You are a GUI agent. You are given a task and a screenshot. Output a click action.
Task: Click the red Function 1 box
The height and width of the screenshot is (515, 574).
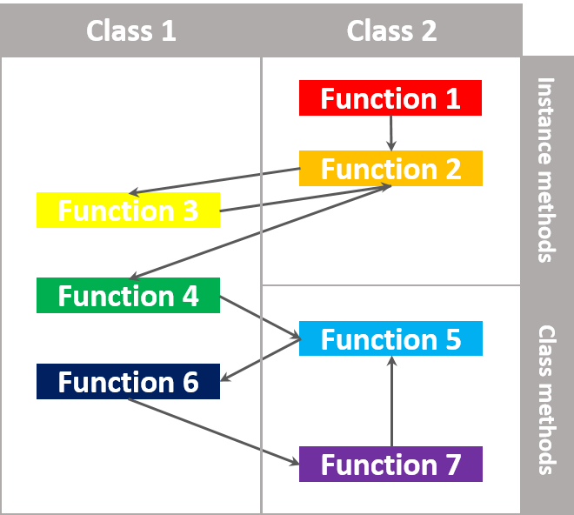click(x=390, y=97)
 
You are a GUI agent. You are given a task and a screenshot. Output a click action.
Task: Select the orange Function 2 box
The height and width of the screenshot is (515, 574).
click(x=390, y=168)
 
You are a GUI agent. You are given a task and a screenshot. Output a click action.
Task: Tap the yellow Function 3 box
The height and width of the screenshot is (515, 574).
click(x=128, y=210)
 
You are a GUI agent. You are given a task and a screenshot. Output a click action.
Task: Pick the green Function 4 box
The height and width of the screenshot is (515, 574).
click(x=128, y=295)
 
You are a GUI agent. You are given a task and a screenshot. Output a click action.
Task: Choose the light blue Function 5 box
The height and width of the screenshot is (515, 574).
click(x=390, y=338)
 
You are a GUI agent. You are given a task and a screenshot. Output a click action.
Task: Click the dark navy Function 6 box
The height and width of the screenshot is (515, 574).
click(x=128, y=381)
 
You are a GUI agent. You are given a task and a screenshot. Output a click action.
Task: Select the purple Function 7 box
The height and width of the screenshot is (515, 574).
click(x=390, y=464)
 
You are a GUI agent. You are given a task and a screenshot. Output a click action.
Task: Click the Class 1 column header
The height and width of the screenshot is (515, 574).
click(x=130, y=30)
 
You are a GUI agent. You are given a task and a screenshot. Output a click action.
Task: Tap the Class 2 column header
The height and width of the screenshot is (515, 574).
click(x=391, y=30)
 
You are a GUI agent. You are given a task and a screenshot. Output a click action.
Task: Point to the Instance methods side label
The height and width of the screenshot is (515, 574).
click(x=546, y=170)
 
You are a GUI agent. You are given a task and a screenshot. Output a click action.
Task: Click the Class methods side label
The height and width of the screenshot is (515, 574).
click(x=546, y=399)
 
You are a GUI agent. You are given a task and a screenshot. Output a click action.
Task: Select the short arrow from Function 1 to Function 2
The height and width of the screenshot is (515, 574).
click(x=390, y=133)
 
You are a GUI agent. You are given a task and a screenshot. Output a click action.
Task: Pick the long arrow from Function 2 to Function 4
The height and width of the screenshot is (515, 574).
click(x=261, y=231)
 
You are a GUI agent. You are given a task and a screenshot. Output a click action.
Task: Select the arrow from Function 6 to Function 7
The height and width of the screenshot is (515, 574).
click(x=213, y=426)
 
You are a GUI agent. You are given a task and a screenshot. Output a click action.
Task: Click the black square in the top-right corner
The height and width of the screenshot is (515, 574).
click(x=548, y=28)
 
